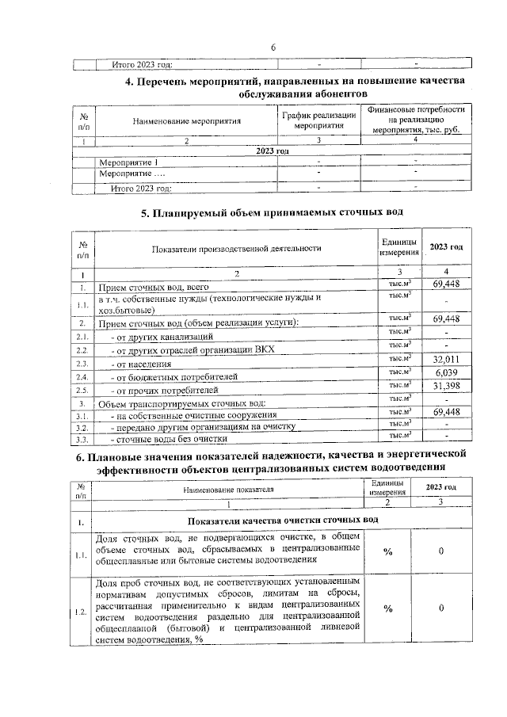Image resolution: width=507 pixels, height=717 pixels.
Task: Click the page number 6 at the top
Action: click(273, 48)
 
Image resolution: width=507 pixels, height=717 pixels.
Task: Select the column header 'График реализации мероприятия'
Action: click(318, 120)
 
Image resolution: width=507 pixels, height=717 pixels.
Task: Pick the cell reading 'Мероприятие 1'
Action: click(128, 162)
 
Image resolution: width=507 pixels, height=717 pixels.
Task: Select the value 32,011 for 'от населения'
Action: click(447, 359)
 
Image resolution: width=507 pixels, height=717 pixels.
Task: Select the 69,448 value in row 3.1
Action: click(447, 412)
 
